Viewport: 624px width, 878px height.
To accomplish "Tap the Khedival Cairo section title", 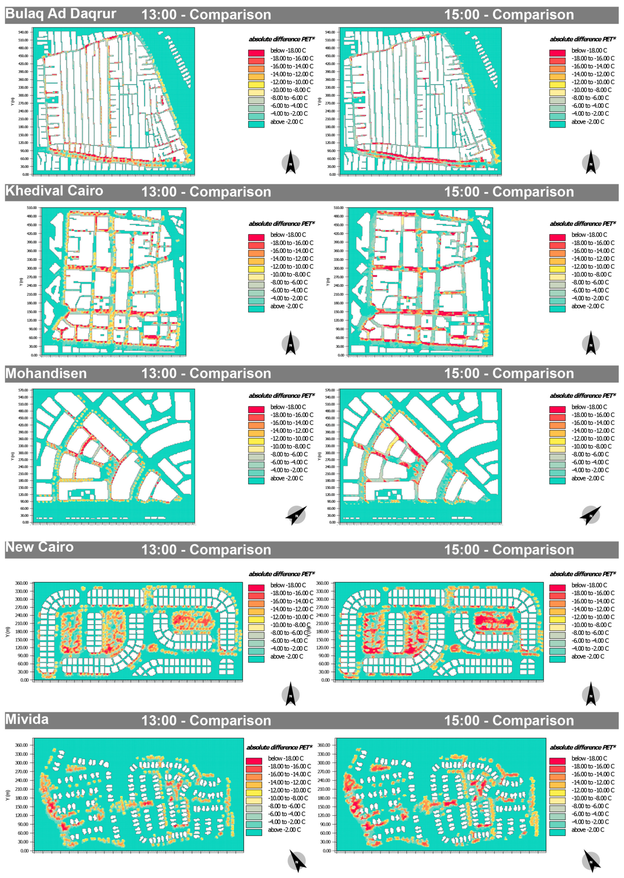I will point(54,191).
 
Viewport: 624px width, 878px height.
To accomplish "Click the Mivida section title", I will point(27,719).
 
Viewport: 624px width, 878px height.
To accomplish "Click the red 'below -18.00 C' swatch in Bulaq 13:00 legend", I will point(256,53).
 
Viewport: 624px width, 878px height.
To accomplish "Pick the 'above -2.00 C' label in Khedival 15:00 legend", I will point(588,306).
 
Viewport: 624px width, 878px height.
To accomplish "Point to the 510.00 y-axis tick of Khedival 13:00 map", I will point(32,208).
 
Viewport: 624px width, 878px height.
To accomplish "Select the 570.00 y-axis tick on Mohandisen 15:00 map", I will point(330,390).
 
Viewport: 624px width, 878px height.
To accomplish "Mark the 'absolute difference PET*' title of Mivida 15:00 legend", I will point(583,747).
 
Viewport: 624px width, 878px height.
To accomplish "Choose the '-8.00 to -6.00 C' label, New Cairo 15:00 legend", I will point(590,633).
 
